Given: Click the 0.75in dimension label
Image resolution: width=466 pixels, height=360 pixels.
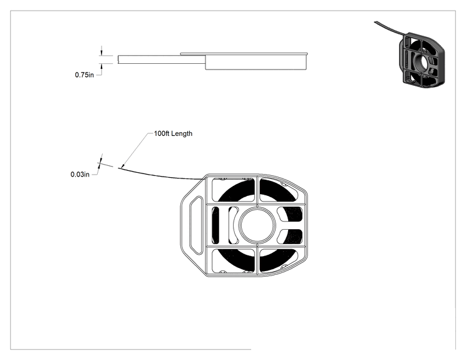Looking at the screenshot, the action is click(x=84, y=75).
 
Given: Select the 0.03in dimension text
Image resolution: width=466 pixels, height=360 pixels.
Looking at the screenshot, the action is click(x=80, y=174).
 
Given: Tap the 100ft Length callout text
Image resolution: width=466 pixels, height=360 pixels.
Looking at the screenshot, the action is click(x=173, y=133).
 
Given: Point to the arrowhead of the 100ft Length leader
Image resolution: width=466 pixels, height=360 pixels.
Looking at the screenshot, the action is click(x=123, y=166).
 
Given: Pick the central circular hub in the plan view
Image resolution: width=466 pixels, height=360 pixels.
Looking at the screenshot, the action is click(x=257, y=225).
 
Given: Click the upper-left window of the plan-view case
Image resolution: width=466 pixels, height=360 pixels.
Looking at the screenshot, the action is click(x=233, y=190).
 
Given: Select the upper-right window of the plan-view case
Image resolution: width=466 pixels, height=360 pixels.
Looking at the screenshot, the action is click(x=279, y=190).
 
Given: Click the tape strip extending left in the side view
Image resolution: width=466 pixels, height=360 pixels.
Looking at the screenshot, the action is click(x=162, y=59).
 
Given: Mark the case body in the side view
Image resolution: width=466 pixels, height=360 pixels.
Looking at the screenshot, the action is click(x=256, y=62).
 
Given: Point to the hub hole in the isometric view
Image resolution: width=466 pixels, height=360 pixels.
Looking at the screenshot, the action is click(x=422, y=63).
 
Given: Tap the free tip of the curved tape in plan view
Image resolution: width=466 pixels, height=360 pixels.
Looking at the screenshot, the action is click(x=118, y=168).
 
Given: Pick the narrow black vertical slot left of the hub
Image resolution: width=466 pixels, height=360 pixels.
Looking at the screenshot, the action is click(x=215, y=225).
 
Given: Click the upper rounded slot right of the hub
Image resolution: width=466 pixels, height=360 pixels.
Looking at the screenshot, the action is click(x=289, y=214).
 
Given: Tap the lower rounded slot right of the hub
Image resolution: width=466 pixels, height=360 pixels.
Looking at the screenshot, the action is click(x=289, y=236).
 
